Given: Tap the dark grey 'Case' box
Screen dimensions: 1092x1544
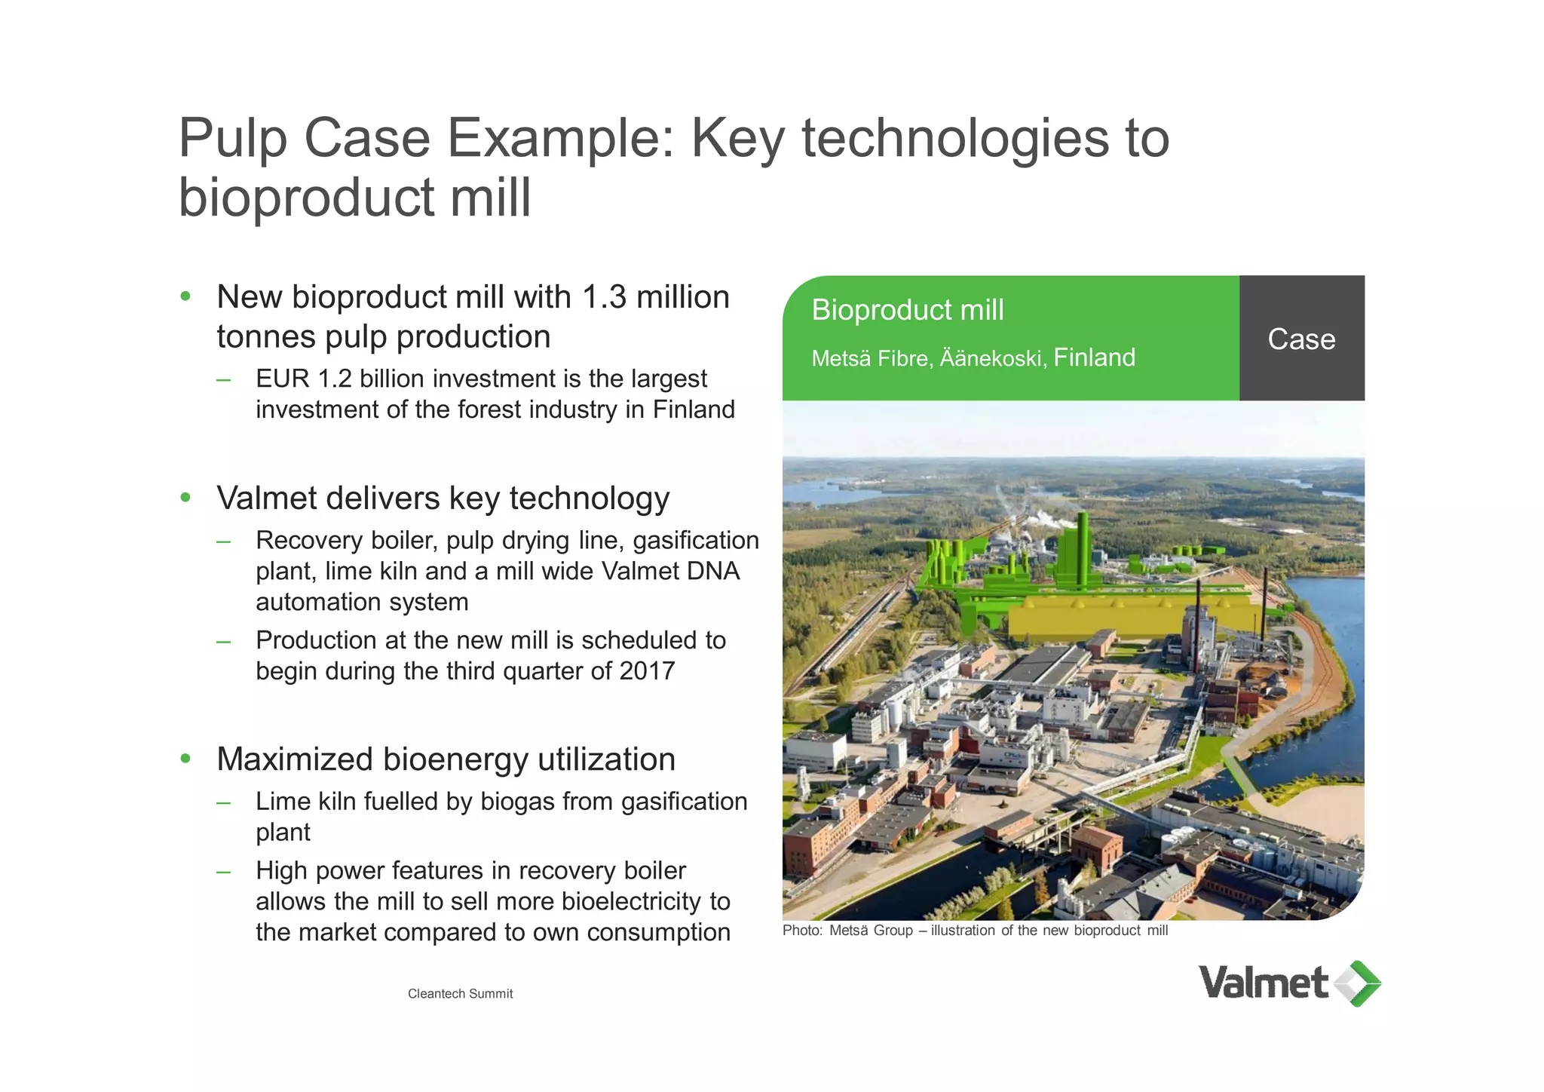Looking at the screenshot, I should (1301, 339).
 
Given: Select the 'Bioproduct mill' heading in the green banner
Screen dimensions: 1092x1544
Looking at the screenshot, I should (908, 310).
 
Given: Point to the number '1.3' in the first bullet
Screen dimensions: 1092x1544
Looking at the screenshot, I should (604, 297).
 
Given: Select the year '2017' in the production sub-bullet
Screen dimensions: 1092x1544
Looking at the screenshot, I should (646, 671).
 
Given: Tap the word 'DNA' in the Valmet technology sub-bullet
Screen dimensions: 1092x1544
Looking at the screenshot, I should (712, 572).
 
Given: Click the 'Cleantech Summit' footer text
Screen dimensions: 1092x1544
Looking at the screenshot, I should (460, 994).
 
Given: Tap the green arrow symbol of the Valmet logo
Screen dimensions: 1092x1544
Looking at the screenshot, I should (1359, 983).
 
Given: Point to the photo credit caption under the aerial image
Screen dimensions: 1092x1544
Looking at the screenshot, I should (975, 931).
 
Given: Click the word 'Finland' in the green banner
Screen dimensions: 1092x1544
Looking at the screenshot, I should (1094, 357).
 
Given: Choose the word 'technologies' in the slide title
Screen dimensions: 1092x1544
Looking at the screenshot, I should (955, 140).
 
